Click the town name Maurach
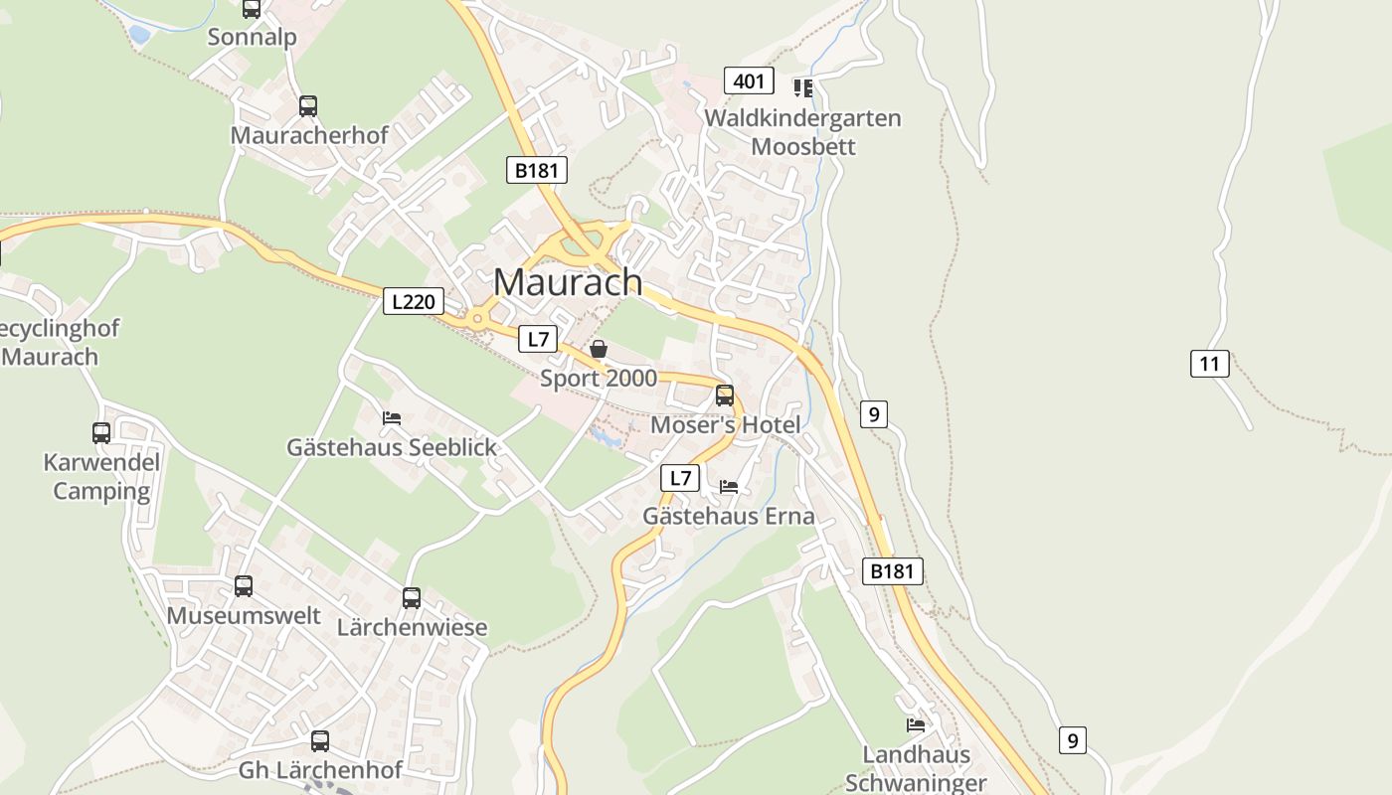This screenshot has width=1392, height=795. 568,282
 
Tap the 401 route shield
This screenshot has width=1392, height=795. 748,80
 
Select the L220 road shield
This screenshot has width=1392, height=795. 413,301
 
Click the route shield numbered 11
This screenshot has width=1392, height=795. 1209,363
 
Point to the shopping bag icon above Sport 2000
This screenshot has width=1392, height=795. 599,349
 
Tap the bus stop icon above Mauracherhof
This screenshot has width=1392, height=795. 308,105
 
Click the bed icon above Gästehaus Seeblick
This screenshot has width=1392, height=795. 392,418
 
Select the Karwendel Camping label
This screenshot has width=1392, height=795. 101,477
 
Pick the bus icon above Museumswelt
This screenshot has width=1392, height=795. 244,586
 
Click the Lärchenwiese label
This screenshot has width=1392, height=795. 412,628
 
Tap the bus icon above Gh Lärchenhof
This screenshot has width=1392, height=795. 319,740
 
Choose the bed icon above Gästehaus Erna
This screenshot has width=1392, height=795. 729,487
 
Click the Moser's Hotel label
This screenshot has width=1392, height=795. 725,425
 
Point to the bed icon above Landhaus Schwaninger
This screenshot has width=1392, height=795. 916,724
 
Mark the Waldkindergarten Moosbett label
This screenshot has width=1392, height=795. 802,132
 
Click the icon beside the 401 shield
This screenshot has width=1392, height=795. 803,87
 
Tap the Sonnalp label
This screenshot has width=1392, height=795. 252,37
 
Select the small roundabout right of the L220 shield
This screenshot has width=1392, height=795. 477,319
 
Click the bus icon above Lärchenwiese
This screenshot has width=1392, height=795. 412,597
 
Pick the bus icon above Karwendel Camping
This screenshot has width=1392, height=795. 101,432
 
